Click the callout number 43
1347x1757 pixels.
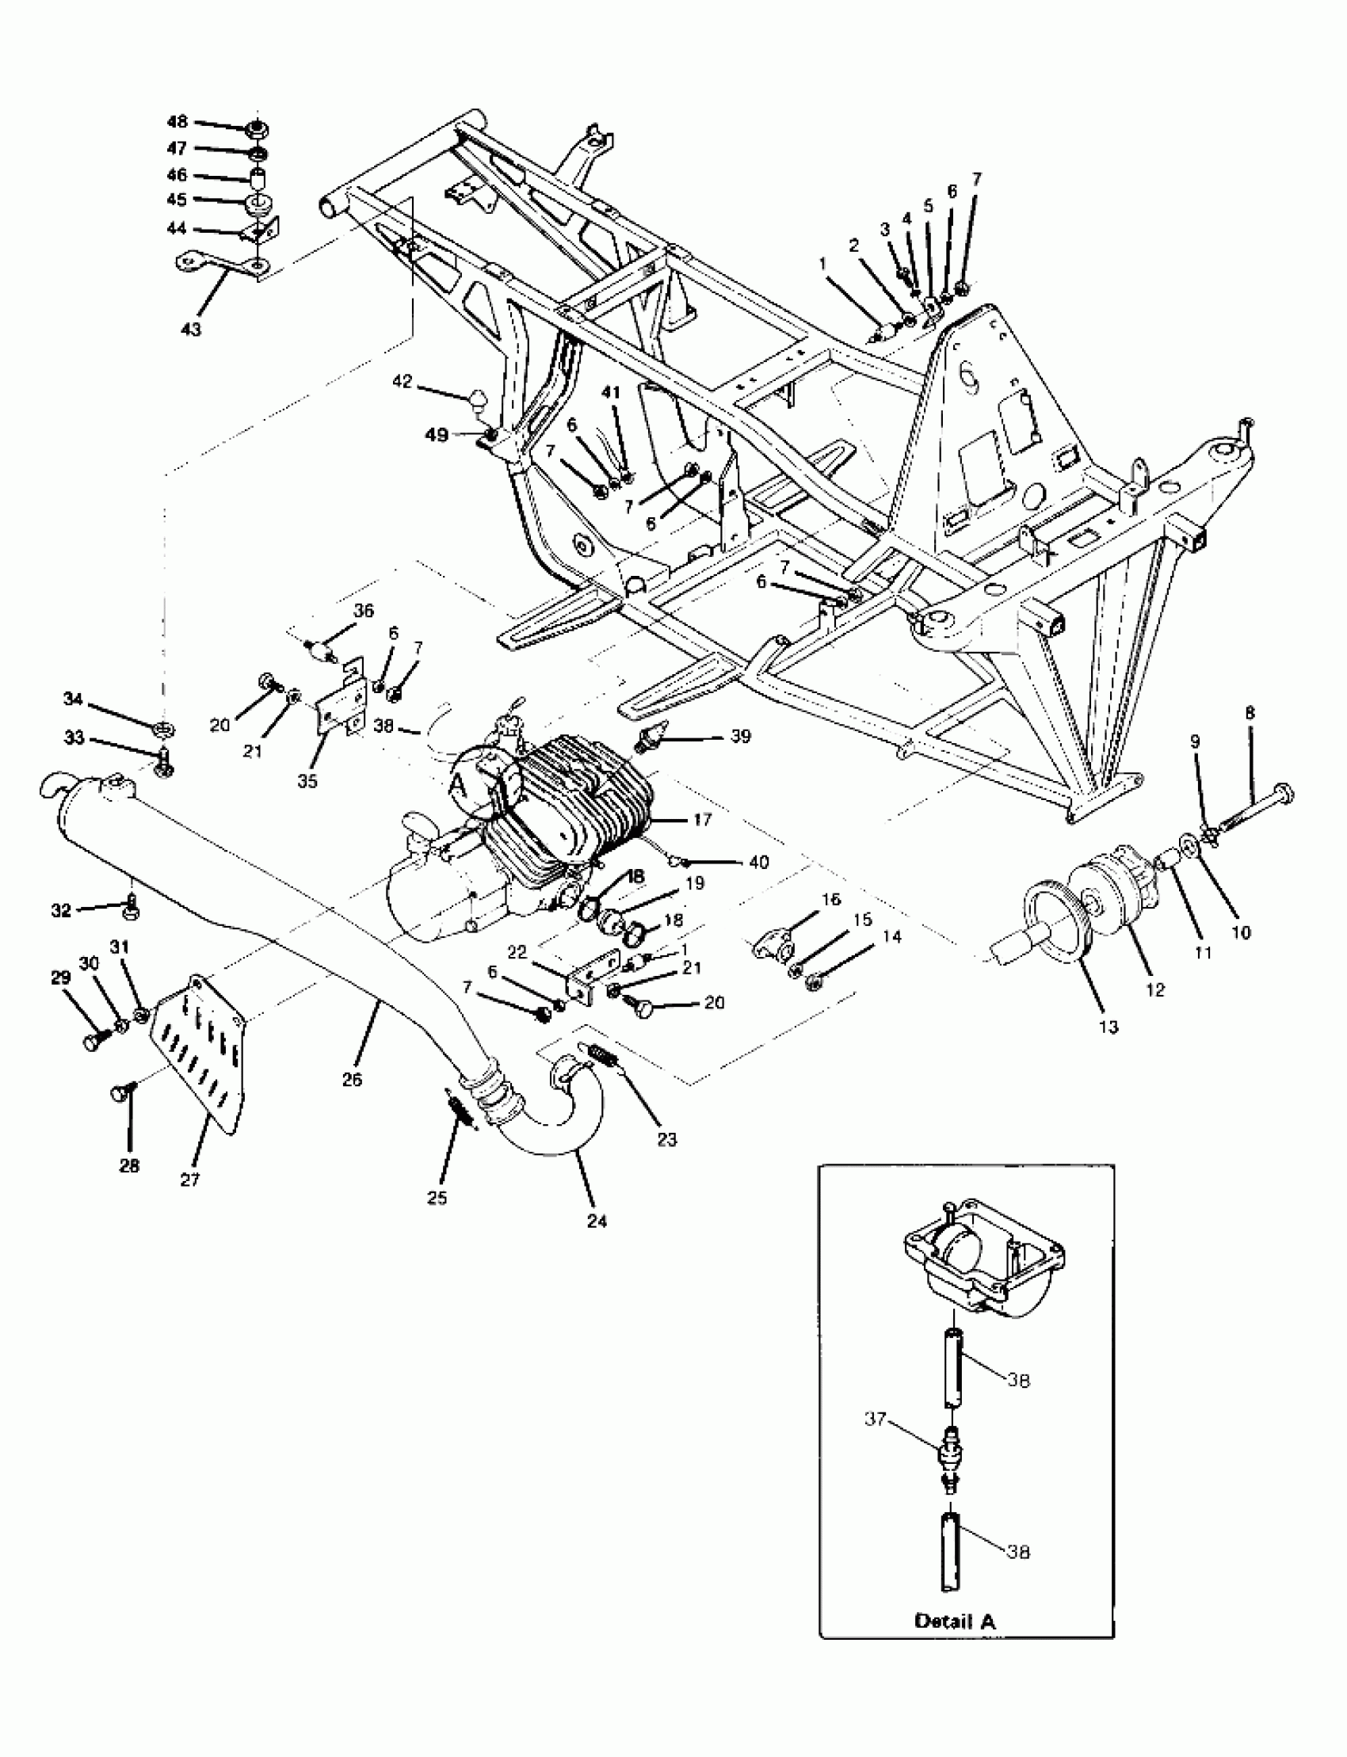tap(192, 329)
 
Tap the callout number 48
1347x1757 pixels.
tap(177, 122)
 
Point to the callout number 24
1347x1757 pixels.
tap(597, 1221)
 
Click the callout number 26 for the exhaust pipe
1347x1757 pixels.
tap(352, 1079)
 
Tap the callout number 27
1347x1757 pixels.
tap(190, 1179)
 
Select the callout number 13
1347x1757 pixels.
tap(1108, 1027)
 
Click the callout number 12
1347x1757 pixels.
tap(1154, 990)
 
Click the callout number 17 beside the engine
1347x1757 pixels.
tap(702, 820)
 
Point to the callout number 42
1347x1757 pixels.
tap(402, 382)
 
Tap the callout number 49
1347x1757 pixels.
tap(437, 434)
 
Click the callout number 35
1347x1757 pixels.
tap(307, 781)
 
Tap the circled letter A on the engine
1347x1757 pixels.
tap(460, 781)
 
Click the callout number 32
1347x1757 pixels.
tap(62, 909)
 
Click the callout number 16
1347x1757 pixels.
tap(830, 900)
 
